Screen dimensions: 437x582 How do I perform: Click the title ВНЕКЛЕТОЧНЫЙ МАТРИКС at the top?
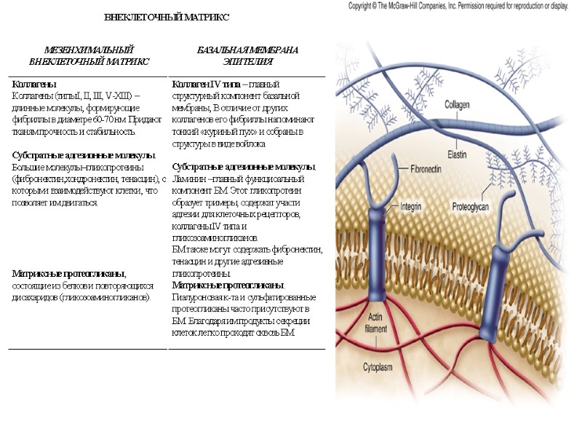coord(167,17)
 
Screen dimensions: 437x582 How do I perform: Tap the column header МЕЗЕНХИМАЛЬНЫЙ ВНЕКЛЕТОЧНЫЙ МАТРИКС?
coord(89,56)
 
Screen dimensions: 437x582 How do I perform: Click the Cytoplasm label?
coord(383,366)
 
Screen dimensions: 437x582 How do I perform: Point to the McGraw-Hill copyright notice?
coord(458,6)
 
